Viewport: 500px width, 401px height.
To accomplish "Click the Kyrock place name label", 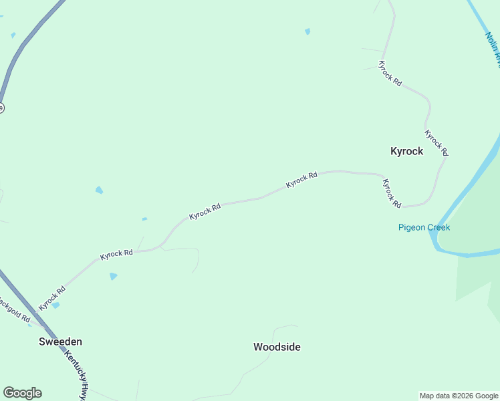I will pyautogui.click(x=406, y=151).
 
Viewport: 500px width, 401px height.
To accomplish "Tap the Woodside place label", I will pyautogui.click(x=277, y=347).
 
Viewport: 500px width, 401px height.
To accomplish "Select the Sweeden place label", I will pyautogui.click(x=60, y=342).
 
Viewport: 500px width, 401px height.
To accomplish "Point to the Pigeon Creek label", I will pyautogui.click(x=424, y=227).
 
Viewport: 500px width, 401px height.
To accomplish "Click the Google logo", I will pyautogui.click(x=22, y=393).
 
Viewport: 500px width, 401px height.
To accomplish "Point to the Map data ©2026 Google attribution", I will pyautogui.click(x=459, y=396).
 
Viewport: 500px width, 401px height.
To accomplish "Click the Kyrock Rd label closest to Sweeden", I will pyautogui.click(x=52, y=298).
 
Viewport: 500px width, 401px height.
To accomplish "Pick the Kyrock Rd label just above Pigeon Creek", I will pyautogui.click(x=391, y=192).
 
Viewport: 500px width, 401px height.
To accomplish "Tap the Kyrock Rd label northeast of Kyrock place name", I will pyautogui.click(x=436, y=143).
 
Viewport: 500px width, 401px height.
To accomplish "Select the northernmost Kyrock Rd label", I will pyautogui.click(x=390, y=73).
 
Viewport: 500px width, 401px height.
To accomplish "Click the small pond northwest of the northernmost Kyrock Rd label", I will pyautogui.click(x=307, y=31).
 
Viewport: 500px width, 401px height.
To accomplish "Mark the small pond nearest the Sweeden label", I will pyautogui.click(x=56, y=305).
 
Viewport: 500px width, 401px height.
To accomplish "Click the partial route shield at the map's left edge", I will pyautogui.click(x=1, y=108).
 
